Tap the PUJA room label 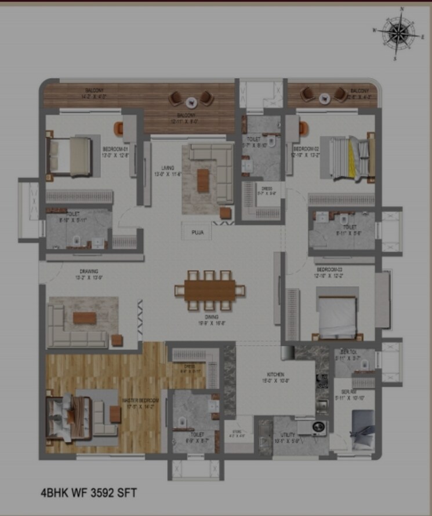pyautogui.click(x=197, y=232)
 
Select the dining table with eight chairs pyautogui.click(x=210, y=290)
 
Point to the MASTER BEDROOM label pyautogui.click(x=137, y=403)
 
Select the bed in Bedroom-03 pyautogui.click(x=336, y=317)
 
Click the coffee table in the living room pyautogui.click(x=203, y=181)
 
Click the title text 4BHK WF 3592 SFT pyautogui.click(x=89, y=493)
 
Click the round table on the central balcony pyautogui.click(x=191, y=100)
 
